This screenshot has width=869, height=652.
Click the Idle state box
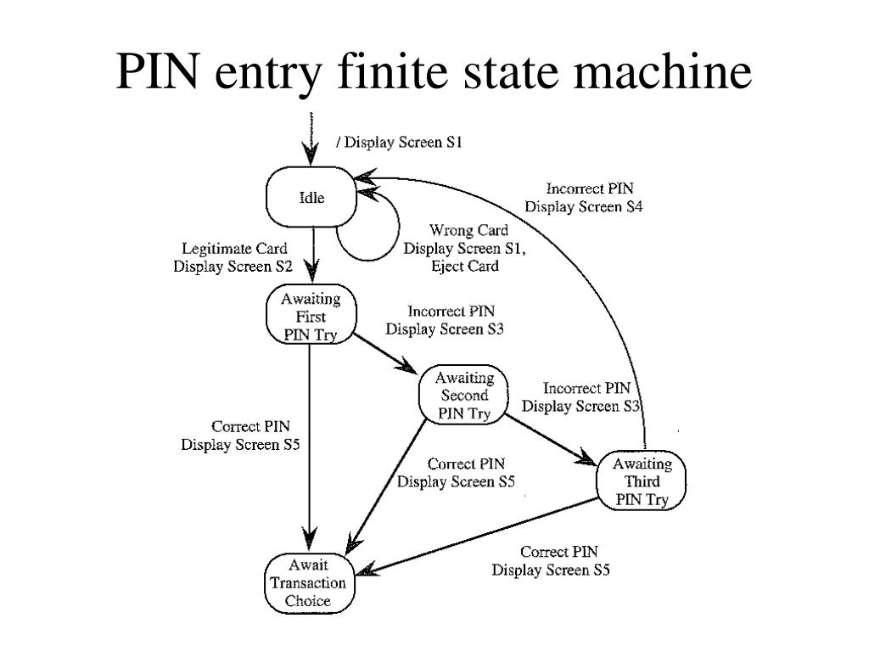click(311, 197)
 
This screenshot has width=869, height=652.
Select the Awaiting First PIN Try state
click(311, 315)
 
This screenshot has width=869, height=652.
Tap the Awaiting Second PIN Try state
click(463, 395)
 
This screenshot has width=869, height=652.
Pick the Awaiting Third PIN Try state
click(642, 481)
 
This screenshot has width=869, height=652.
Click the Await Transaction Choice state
click(309, 582)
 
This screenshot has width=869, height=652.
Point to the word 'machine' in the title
click(662, 71)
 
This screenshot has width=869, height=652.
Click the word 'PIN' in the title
click(157, 71)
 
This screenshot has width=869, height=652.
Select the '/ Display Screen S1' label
click(399, 143)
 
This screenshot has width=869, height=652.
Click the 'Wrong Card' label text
click(468, 230)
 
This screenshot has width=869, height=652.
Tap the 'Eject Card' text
click(465, 266)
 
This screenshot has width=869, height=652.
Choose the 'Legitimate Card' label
click(234, 249)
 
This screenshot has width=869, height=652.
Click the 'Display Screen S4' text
click(584, 207)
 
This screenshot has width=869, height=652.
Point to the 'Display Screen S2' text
click(233, 266)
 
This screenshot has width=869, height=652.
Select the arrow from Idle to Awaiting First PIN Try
click(312, 256)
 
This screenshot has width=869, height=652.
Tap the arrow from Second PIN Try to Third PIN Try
click(550, 439)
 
